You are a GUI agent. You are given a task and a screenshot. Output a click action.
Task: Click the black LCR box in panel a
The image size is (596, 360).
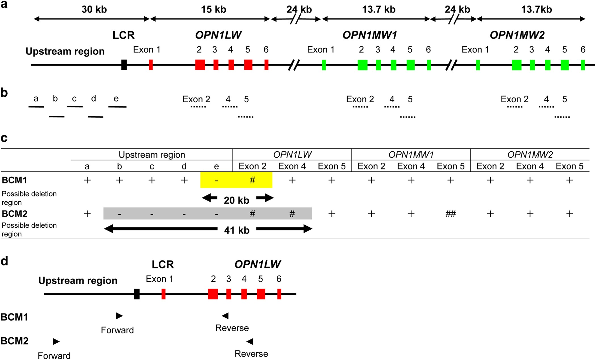(124, 65)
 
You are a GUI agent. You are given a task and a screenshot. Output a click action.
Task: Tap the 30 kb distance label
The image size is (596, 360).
(94, 9)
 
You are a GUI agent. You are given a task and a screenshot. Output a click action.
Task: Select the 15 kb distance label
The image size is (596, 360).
(213, 9)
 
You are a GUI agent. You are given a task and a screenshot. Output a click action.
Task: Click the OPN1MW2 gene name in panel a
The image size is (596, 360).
(517, 35)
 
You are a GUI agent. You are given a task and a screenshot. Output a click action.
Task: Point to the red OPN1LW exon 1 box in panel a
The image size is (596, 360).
(151, 65)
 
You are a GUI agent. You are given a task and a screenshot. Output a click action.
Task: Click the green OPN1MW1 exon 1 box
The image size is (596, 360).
(324, 65)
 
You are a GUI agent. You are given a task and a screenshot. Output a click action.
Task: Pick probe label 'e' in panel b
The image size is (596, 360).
(116, 98)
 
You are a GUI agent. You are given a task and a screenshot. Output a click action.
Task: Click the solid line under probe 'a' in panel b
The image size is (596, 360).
(36, 107)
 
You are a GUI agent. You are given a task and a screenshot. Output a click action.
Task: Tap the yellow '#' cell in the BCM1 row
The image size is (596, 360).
(252, 180)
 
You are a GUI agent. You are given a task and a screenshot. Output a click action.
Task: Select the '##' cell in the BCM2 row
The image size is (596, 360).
(450, 214)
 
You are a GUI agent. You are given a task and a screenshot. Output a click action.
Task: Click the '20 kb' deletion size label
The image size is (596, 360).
(236, 200)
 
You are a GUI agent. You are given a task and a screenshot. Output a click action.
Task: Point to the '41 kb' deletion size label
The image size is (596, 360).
(237, 230)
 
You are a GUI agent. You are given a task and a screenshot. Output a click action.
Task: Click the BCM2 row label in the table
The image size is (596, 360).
(14, 213)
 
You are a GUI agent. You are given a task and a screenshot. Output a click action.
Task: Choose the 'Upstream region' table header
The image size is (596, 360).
(152, 154)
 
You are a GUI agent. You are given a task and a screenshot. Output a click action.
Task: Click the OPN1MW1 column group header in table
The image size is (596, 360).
(411, 154)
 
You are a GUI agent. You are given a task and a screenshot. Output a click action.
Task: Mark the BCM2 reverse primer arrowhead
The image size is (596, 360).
(250, 341)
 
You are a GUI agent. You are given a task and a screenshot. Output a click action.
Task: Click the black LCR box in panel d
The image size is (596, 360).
(137, 294)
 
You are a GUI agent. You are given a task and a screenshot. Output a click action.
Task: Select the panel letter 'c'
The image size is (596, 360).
(4, 138)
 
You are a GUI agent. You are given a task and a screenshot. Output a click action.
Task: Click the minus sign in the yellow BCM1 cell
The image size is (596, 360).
(216, 180)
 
